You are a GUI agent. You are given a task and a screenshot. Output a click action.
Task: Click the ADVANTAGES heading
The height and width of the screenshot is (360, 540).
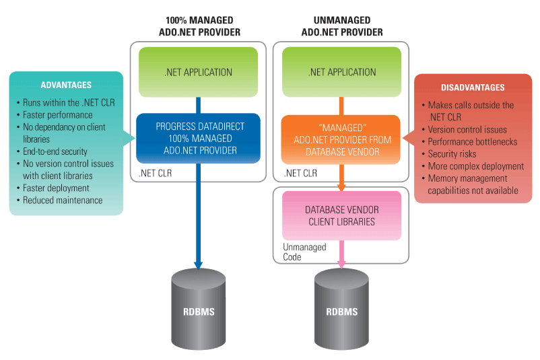(x=66, y=85)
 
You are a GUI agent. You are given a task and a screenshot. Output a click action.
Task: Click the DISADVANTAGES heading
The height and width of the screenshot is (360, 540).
(x=473, y=87)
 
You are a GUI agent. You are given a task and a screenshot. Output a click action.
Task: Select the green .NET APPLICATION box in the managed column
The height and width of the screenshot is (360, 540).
(x=198, y=72)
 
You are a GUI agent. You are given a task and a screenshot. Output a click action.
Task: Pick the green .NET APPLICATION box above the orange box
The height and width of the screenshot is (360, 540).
(x=341, y=72)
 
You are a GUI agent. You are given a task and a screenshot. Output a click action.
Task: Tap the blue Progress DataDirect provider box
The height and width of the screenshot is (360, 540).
(x=198, y=139)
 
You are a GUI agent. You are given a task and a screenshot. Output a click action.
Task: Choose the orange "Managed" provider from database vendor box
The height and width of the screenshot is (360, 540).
(x=341, y=139)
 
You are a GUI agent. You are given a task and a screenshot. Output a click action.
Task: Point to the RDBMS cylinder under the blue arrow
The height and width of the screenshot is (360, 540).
(x=198, y=311)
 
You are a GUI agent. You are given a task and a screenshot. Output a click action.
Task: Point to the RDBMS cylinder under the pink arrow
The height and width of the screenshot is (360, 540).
(x=341, y=311)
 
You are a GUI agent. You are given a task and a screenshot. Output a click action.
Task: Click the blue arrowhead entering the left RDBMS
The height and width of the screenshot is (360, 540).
(x=198, y=264)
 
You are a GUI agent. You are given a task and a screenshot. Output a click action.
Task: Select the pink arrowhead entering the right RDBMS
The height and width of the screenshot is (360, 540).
(x=341, y=264)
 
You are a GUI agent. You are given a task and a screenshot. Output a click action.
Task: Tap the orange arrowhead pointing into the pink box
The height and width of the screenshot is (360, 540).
(x=341, y=186)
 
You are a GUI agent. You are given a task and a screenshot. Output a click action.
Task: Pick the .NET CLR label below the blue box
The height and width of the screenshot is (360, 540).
(x=156, y=173)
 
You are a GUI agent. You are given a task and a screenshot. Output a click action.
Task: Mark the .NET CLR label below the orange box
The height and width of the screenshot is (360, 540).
(x=298, y=173)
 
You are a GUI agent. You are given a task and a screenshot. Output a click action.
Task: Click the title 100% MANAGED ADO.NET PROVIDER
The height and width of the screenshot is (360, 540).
(x=198, y=26)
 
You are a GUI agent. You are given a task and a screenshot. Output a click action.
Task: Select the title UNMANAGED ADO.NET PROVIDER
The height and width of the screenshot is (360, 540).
(x=341, y=26)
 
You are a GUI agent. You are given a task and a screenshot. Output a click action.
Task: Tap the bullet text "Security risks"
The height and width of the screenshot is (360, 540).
(x=452, y=154)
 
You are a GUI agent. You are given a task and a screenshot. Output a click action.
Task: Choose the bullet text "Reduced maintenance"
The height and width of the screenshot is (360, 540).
(x=63, y=200)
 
